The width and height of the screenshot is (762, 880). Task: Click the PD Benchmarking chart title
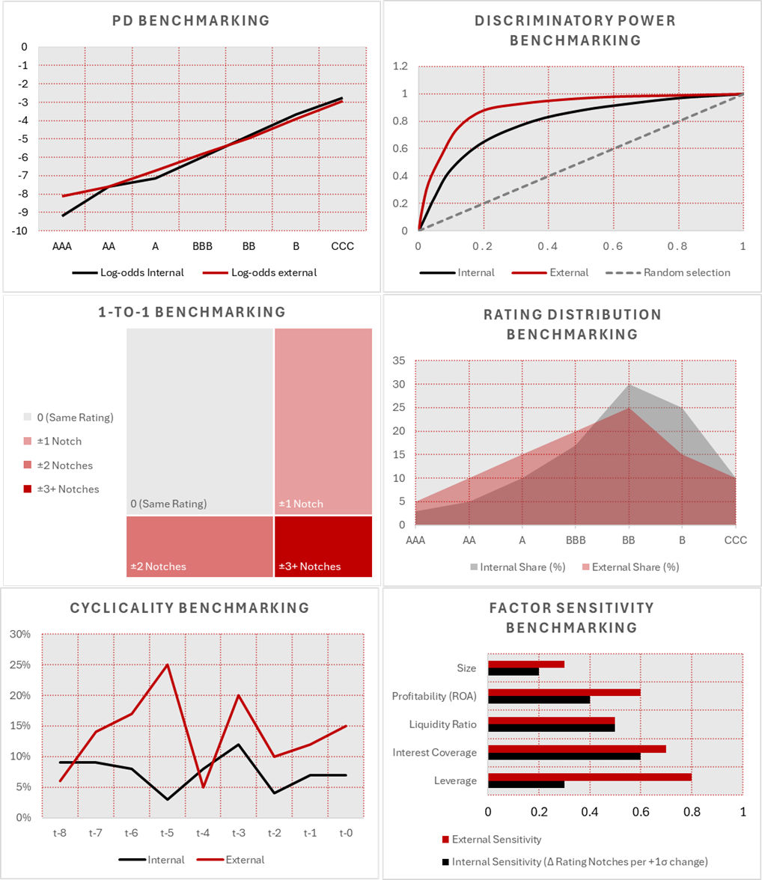click(191, 21)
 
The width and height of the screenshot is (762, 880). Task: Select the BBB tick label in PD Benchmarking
click(202, 246)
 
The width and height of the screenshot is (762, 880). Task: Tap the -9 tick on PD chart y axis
click(23, 213)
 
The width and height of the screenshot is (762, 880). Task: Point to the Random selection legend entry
click(686, 272)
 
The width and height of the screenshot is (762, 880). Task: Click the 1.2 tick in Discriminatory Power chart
click(400, 67)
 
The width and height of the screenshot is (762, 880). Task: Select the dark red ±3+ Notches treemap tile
click(323, 546)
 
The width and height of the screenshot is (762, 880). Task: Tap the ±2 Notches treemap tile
click(199, 546)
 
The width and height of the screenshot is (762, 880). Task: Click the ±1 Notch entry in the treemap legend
click(59, 441)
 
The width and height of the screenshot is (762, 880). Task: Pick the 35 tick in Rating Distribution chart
click(398, 361)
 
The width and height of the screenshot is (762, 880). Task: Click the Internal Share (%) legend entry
click(522, 567)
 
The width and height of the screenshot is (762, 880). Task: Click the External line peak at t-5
click(166, 664)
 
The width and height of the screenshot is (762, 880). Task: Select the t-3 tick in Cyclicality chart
click(238, 833)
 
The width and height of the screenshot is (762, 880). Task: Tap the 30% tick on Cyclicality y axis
click(19, 635)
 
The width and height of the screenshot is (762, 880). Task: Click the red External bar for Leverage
click(589, 777)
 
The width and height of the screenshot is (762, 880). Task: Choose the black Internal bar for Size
click(513, 672)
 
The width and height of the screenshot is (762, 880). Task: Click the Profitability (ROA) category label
click(434, 697)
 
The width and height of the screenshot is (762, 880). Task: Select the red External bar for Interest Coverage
click(576, 749)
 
